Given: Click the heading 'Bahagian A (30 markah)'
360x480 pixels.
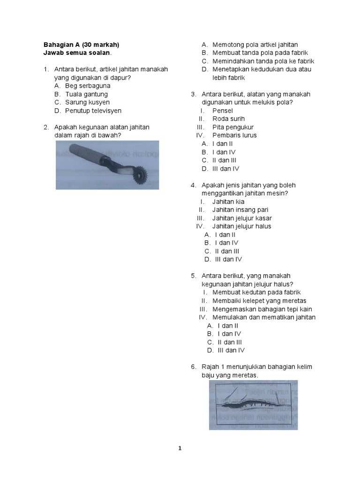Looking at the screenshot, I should click(81, 45).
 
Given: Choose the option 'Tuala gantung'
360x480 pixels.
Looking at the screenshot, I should click(86, 94).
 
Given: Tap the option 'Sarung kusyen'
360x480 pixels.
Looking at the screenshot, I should click(87, 102).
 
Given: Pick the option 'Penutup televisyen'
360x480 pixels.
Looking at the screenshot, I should click(93, 111).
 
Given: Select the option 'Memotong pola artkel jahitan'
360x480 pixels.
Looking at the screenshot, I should click(255, 45).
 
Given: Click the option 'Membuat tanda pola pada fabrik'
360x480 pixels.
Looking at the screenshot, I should click(260, 53).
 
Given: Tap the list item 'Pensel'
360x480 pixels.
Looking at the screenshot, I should click(223, 111).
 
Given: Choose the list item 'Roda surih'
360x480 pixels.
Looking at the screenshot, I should click(228, 119).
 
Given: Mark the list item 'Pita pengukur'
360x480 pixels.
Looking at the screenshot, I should click(233, 127).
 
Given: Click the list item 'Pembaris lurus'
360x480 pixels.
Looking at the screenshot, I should click(234, 135).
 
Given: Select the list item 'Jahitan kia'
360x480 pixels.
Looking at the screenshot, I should click(228, 202).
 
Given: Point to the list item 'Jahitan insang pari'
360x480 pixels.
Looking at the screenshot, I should click(240, 210).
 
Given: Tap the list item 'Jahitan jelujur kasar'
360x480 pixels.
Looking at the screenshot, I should click(242, 218).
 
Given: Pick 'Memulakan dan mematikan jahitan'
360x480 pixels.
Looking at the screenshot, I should click(264, 317).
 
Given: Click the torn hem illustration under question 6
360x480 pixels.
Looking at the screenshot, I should click(253, 405).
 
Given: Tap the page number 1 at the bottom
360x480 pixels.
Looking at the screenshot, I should click(180, 448).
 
